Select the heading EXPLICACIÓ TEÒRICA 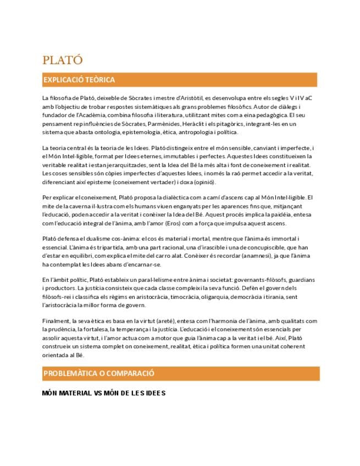click(79, 80)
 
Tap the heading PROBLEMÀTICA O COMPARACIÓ click(98, 373)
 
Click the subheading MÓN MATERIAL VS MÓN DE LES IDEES click(104, 393)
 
